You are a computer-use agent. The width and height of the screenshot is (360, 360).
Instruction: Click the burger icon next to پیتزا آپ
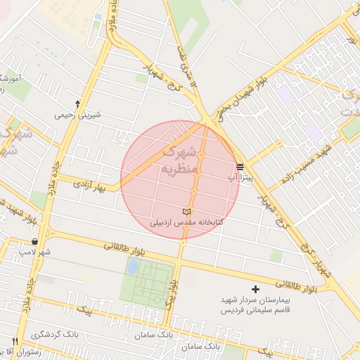coord(240,167)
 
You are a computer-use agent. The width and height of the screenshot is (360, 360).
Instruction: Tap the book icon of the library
coord(186,212)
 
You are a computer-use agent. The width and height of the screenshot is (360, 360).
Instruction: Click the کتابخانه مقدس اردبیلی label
coord(186,222)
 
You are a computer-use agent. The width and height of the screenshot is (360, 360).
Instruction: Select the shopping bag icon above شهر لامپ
coord(35,241)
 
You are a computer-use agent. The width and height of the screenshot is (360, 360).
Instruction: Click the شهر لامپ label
coord(36,252)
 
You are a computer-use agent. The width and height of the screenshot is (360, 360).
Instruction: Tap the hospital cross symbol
coord(255,290)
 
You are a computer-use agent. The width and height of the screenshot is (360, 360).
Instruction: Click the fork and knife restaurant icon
coord(15,341)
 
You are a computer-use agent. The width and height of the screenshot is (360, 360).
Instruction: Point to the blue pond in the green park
coord(133,266)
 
